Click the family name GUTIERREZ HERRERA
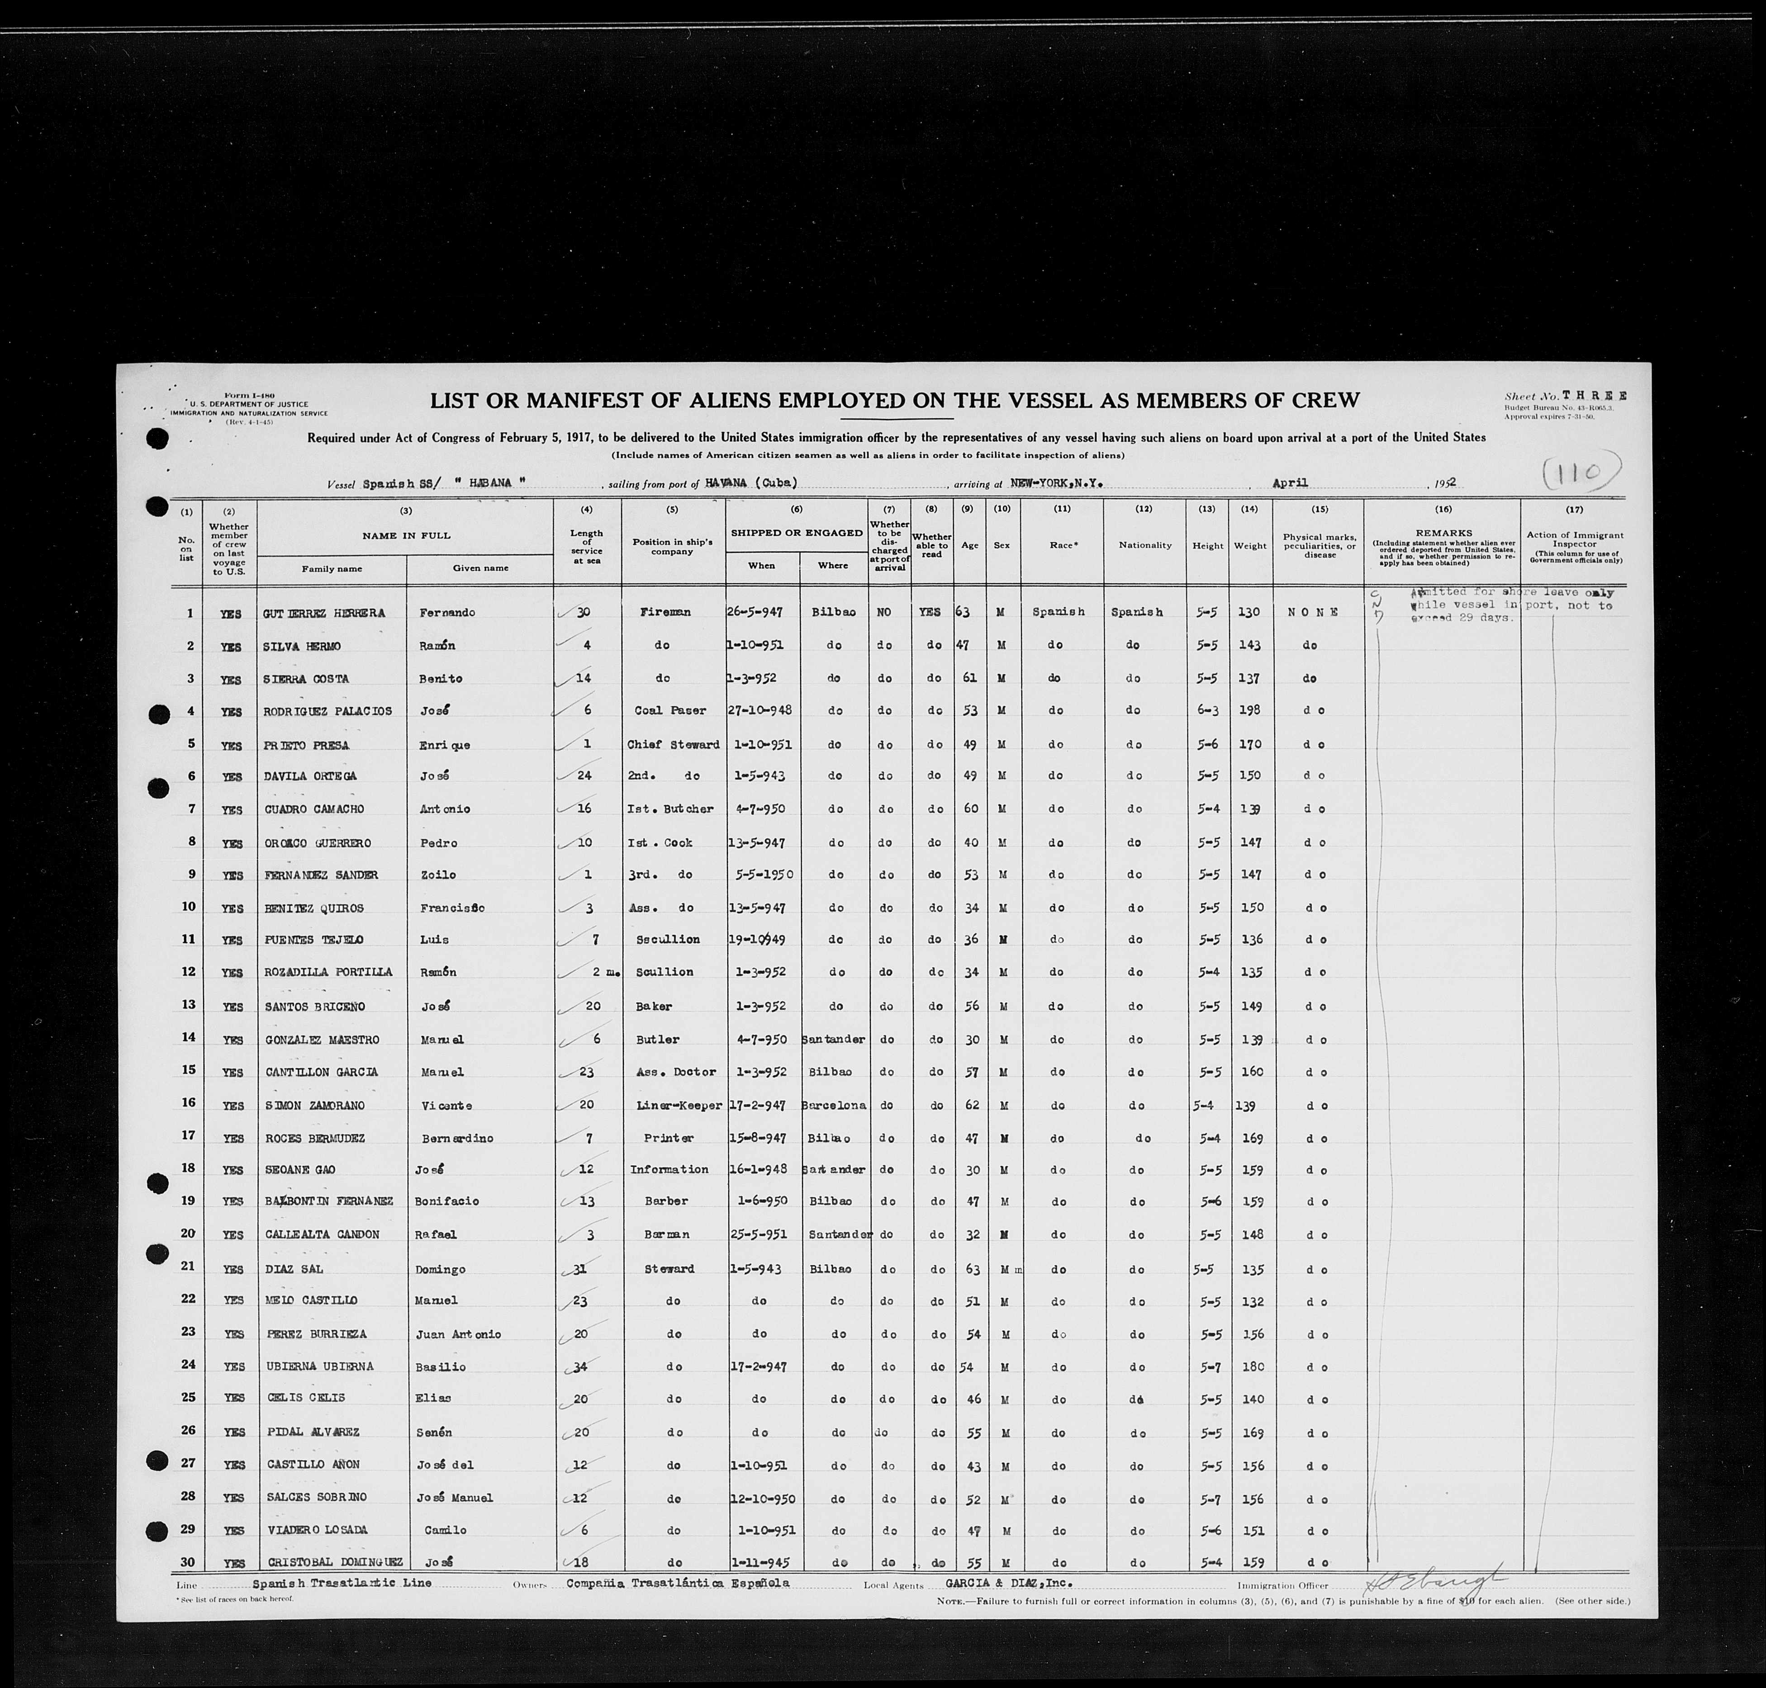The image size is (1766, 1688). [x=324, y=613]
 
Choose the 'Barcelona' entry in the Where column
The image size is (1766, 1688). [x=834, y=1105]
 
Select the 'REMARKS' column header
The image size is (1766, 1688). [x=1442, y=533]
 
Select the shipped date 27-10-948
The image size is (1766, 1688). [x=760, y=710]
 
